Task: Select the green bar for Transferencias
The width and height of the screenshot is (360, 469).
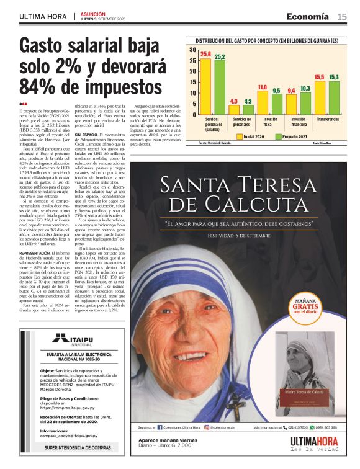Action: [334, 97]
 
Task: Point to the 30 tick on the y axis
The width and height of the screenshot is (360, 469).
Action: [193, 50]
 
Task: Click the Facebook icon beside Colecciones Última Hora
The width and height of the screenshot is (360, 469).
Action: [160, 445]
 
